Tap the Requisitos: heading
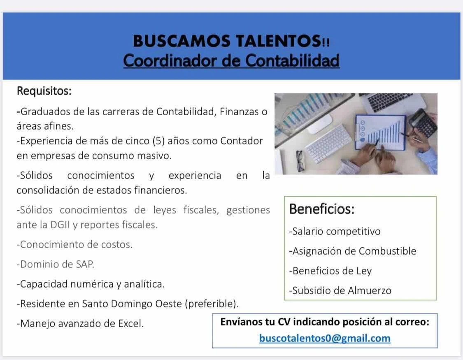pyautogui.click(x=44, y=91)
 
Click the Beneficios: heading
pyautogui.click(x=322, y=209)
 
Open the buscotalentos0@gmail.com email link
pyautogui.click(x=325, y=338)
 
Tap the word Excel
pyautogui.click(x=131, y=323)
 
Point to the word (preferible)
pyautogui.click(x=212, y=304)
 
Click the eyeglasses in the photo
pyautogui.click(x=300, y=161)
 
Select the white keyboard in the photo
pyautogui.click(x=329, y=144)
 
